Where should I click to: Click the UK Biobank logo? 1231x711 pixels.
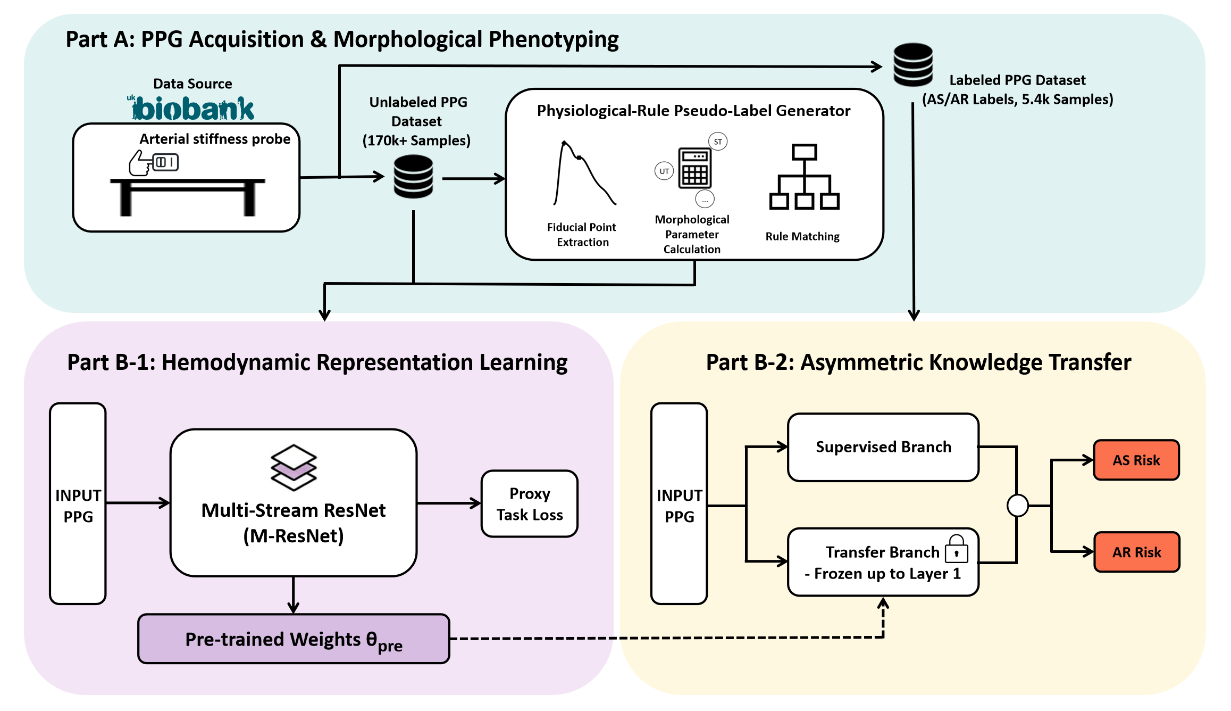point(192,108)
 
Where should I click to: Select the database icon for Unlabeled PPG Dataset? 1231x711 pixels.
point(413,177)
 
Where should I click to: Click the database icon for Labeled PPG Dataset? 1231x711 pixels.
point(913,65)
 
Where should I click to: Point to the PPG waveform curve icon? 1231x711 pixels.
point(584,173)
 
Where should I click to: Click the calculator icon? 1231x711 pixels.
point(694,168)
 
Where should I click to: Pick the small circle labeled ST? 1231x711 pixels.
point(718,142)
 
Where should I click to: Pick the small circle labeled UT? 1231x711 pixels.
point(664,171)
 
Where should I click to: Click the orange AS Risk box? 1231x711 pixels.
point(1136,460)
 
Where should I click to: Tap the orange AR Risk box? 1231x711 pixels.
point(1136,552)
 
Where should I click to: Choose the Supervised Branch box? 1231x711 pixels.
point(883,448)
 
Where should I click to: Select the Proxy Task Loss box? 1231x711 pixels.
point(530,504)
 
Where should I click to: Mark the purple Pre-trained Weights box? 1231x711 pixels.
point(294,639)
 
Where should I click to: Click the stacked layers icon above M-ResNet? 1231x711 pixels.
point(294,467)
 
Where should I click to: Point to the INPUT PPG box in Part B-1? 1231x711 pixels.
point(78,504)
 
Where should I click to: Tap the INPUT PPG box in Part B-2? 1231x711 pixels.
point(679,504)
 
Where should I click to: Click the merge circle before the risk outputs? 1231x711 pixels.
point(1017,506)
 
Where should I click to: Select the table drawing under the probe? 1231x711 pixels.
point(187,197)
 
